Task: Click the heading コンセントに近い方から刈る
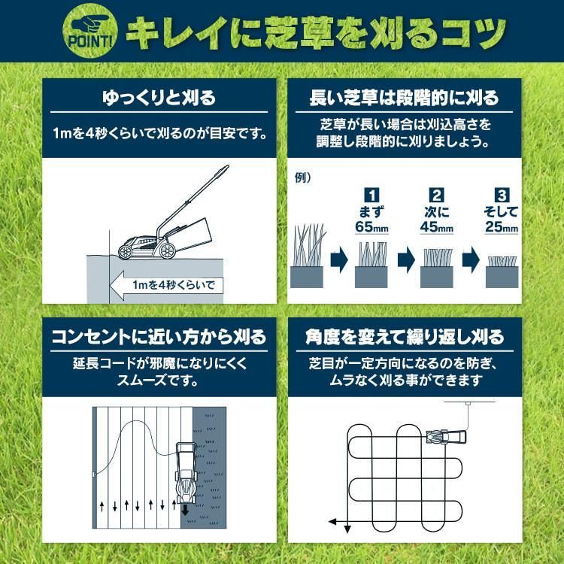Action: click(x=158, y=335)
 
